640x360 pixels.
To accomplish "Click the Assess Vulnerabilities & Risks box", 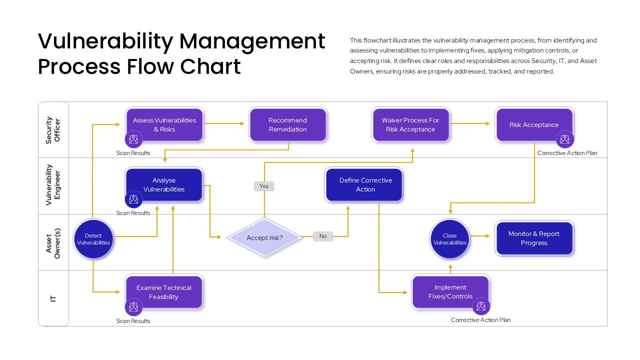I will coord(164,124).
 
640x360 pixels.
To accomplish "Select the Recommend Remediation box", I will coord(287,124).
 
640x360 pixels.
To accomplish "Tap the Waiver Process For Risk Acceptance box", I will coord(410,124).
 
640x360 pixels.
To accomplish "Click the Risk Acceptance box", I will coord(534,124).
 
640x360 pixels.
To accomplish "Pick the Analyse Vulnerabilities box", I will coord(164,185).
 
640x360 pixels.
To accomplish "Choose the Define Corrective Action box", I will coord(365,185).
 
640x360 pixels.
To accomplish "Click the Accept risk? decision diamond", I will coord(264,237).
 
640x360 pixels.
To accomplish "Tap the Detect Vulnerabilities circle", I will coord(93,239).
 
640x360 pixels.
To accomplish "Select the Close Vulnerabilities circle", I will coord(450,239).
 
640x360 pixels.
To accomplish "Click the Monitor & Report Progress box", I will coord(534,238).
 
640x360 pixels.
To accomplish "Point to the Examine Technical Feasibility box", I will coord(164,292).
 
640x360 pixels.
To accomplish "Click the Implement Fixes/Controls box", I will coord(450,291).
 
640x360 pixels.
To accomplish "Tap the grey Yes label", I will coord(264,186).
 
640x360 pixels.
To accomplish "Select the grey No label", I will coord(323,236).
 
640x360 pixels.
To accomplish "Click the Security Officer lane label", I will coord(53,130).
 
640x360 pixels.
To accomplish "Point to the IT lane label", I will coord(53,298).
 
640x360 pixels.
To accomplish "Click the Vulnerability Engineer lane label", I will coord(53,185).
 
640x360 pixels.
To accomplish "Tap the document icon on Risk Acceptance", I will coord(565,139).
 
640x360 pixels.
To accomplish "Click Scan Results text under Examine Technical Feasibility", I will coord(133,321).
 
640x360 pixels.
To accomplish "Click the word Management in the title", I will coord(252,41).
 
